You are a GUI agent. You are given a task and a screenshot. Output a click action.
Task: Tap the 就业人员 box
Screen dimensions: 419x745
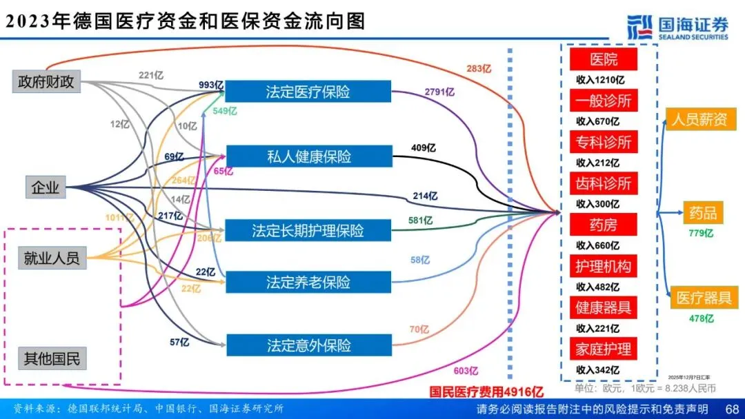pyautogui.click(x=52, y=258)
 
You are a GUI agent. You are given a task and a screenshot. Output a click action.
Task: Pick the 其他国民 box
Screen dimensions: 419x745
pyautogui.click(x=52, y=359)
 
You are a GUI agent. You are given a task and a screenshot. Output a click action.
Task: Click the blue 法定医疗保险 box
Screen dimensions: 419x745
pyautogui.click(x=308, y=92)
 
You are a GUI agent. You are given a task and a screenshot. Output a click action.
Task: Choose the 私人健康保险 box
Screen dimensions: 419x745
pyautogui.click(x=308, y=156)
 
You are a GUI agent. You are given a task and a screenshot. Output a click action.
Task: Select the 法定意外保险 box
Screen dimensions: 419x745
pyautogui.click(x=308, y=345)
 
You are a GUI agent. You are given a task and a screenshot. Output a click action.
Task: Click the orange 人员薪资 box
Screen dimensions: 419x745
pyautogui.click(x=699, y=119)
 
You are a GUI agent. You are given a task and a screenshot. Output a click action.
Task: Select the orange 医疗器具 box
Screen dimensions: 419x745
pyautogui.click(x=704, y=298)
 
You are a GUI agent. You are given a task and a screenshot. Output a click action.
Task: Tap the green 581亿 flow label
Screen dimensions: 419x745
pyautogui.click(x=420, y=221)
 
